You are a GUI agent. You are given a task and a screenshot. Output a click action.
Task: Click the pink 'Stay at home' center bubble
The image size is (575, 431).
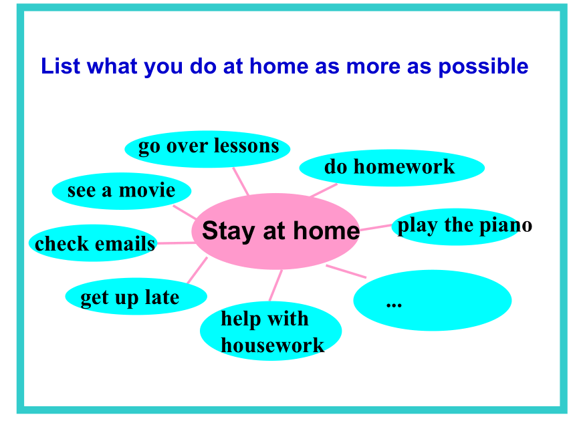pos(275,231)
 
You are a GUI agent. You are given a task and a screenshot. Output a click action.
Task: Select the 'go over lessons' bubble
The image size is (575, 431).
pos(207,149)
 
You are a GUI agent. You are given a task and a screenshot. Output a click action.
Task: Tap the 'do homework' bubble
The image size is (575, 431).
pos(392,168)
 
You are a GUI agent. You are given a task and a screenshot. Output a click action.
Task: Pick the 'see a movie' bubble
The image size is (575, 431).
pos(122,191)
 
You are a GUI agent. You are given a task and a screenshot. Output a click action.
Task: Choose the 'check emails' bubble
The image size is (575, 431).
pos(94,243)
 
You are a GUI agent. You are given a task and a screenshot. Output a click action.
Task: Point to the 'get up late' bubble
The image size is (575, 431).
pos(136,296)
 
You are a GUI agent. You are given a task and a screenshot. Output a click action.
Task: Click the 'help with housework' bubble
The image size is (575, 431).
pos(271,331)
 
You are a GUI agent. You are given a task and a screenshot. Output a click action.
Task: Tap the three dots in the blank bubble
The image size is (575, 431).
pos(394,304)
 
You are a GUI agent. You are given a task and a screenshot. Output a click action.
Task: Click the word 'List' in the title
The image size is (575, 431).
pos(60,66)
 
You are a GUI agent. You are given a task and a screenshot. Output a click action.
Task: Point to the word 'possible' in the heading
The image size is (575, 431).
pos(483,67)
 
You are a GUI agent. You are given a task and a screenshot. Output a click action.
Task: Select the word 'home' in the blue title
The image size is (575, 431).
pos(279,66)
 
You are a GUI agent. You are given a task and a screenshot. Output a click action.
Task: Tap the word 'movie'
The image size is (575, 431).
pos(147,190)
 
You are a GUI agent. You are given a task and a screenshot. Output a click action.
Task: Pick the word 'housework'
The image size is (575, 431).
pos(273,345)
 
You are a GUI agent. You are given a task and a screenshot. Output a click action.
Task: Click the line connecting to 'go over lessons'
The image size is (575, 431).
pos(241,181)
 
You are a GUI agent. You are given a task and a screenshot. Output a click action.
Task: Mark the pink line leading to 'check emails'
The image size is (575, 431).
pos(177,243)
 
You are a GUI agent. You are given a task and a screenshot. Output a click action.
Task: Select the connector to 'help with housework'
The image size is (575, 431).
pos(275,285)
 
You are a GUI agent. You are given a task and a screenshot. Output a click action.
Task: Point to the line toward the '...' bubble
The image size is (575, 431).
pos(346,271)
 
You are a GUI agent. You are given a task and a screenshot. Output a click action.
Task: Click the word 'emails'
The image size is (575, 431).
pos(125,244)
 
